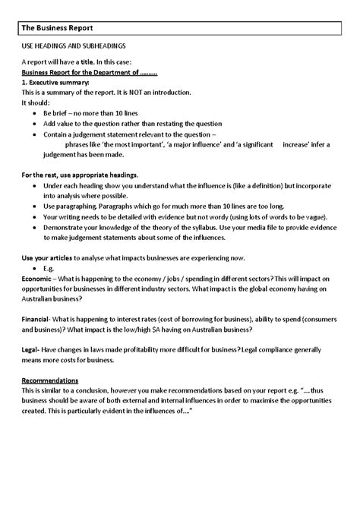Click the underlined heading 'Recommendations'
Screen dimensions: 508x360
tap(49, 380)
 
